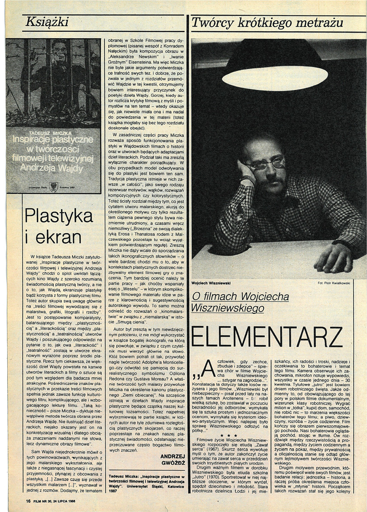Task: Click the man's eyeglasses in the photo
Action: [x=266, y=163]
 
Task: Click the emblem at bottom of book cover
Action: [x=54, y=186]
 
